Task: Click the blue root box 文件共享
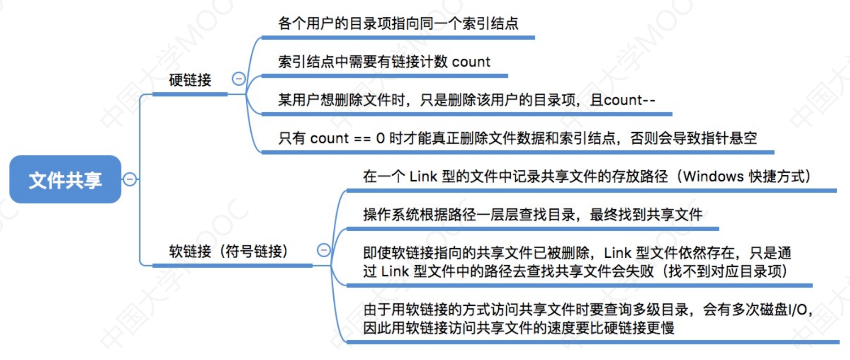[x=65, y=179]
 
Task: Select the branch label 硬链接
[x=190, y=80]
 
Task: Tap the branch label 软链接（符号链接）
[x=228, y=251]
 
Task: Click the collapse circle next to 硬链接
[x=238, y=79]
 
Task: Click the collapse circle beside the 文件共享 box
[x=130, y=179]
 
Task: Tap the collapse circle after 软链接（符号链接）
[x=324, y=250]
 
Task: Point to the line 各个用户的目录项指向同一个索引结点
[x=398, y=23]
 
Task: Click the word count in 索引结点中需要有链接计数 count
[x=471, y=62]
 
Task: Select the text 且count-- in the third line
[x=623, y=100]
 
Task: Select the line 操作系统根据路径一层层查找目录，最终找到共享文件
[x=533, y=214]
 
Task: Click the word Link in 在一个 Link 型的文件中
[x=423, y=177]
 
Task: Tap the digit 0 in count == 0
[x=380, y=138]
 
